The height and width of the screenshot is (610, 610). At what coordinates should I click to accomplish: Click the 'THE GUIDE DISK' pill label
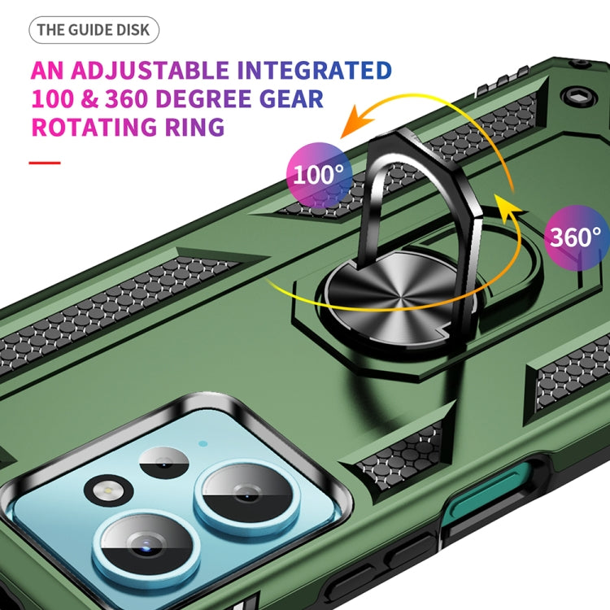click(94, 30)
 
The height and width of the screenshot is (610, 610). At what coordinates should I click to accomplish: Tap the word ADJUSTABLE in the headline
click(150, 71)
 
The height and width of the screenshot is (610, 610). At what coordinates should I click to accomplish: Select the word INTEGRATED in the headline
click(314, 71)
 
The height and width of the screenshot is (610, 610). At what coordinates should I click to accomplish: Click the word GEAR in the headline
click(291, 98)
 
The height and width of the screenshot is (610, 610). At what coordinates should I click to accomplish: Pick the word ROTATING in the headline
click(94, 127)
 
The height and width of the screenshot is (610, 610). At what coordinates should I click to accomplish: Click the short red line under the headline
click(45, 163)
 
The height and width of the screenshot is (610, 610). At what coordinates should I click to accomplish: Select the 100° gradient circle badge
click(320, 175)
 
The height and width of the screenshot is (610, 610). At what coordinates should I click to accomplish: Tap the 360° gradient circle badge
click(577, 237)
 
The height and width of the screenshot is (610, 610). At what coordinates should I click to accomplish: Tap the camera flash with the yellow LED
click(108, 492)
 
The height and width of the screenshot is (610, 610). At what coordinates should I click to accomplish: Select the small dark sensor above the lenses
click(163, 463)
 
